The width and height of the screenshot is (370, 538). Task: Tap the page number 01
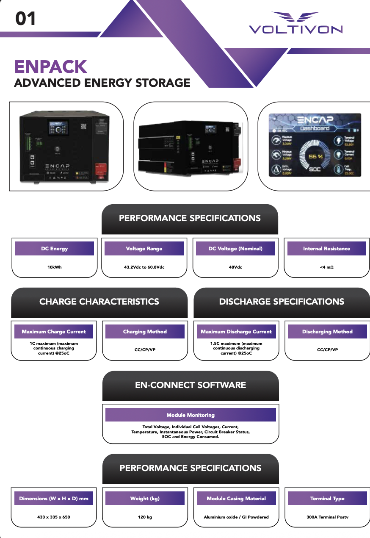click(x=25, y=19)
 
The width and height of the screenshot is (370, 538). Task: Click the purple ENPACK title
click(x=50, y=67)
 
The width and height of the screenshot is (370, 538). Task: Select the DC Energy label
click(x=54, y=249)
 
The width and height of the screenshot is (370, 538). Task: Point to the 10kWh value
click(x=54, y=267)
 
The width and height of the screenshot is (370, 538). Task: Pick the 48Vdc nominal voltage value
click(x=235, y=267)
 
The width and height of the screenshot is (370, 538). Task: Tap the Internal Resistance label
click(x=326, y=249)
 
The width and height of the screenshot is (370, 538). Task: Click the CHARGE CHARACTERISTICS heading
click(x=99, y=302)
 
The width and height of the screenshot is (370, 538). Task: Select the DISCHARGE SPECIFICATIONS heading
click(x=282, y=302)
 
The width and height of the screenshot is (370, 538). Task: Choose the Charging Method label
click(x=145, y=332)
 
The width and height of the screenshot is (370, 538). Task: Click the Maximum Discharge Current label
click(x=236, y=332)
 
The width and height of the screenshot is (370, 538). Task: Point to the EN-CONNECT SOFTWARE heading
click(x=191, y=385)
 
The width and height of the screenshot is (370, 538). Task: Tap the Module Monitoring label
click(x=191, y=415)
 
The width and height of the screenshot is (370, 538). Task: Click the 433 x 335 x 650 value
click(x=54, y=517)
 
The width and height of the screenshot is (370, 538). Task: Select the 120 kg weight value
click(x=144, y=517)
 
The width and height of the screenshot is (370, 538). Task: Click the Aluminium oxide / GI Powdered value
click(x=236, y=517)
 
